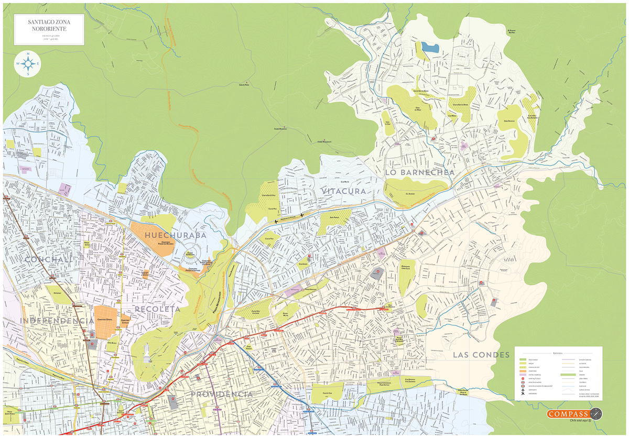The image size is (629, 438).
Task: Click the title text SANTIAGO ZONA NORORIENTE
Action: [48, 25]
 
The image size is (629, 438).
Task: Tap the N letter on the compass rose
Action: [29, 54]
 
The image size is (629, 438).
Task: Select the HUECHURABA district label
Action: [176, 235]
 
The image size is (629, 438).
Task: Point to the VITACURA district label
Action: [344, 191]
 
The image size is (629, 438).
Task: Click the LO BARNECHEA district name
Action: [419, 172]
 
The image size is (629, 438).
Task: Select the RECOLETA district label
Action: [157, 309]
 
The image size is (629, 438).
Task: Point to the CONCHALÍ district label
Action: [48, 260]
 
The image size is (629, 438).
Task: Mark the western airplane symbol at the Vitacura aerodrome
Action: [276, 222]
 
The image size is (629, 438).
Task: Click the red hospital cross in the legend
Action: [523, 379]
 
